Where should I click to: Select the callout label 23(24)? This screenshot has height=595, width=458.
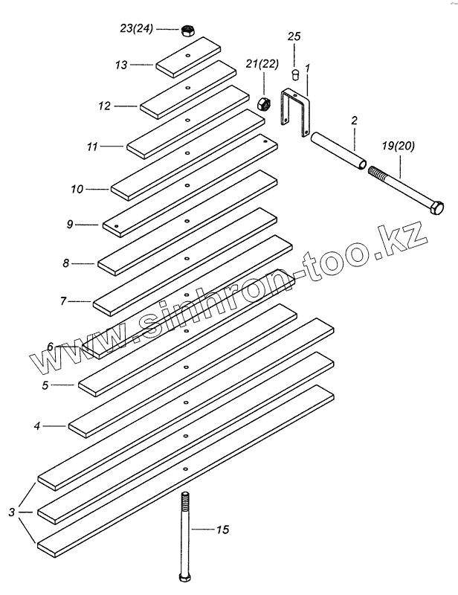pos(135,30)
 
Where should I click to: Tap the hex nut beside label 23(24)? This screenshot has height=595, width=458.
pos(188,30)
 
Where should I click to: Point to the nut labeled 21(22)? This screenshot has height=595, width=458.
pos(262,102)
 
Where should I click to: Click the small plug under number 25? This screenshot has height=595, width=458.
pos(294,74)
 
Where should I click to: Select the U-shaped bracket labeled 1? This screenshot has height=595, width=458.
pos(295,112)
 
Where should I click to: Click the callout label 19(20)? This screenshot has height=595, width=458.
pos(395,147)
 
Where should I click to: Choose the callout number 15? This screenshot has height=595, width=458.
pos(222,530)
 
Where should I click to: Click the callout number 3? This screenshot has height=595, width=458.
pos(11,512)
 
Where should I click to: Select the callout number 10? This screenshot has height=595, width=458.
pos(78,190)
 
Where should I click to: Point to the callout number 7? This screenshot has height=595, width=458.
pos(64,301)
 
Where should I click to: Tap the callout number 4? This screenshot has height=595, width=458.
pos(36,426)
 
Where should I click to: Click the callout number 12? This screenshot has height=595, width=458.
pos(104,106)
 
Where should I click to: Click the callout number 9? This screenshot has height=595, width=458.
pos(68,224)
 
